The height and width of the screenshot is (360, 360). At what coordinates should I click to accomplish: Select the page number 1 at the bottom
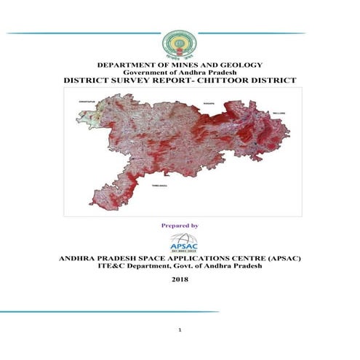point(179,331)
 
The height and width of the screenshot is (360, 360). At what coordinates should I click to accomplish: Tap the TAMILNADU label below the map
point(159,187)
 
